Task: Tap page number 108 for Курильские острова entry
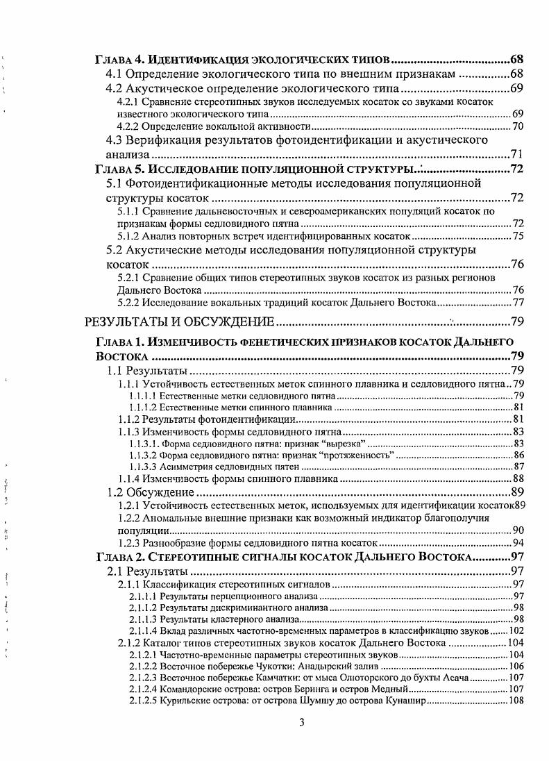[515, 701]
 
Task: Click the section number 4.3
[115, 140]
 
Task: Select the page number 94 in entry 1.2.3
[517, 542]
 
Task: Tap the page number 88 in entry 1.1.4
[517, 478]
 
